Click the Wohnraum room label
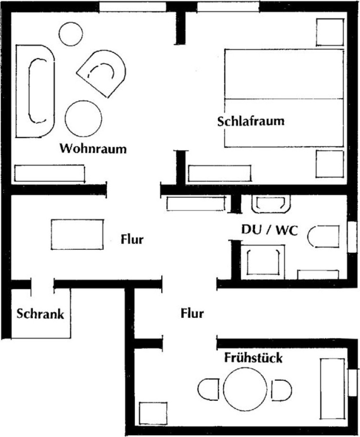(x=93, y=148)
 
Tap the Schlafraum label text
(x=251, y=121)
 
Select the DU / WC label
(x=269, y=230)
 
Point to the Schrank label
(x=40, y=314)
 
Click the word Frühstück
(x=253, y=357)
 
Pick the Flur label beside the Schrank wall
(x=132, y=239)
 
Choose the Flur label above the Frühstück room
(x=192, y=313)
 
